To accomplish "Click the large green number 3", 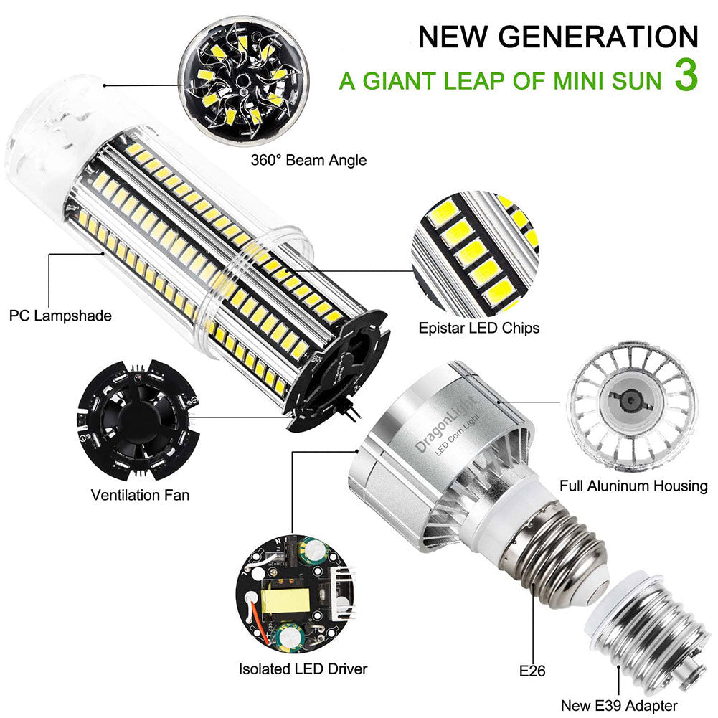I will point(685,77).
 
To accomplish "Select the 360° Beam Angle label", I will point(308,159).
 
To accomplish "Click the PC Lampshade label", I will point(61,315).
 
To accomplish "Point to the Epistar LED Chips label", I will point(479,329).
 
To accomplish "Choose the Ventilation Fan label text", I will point(140,495).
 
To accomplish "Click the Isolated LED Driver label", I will point(303,669).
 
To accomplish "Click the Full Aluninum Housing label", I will point(633,486).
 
